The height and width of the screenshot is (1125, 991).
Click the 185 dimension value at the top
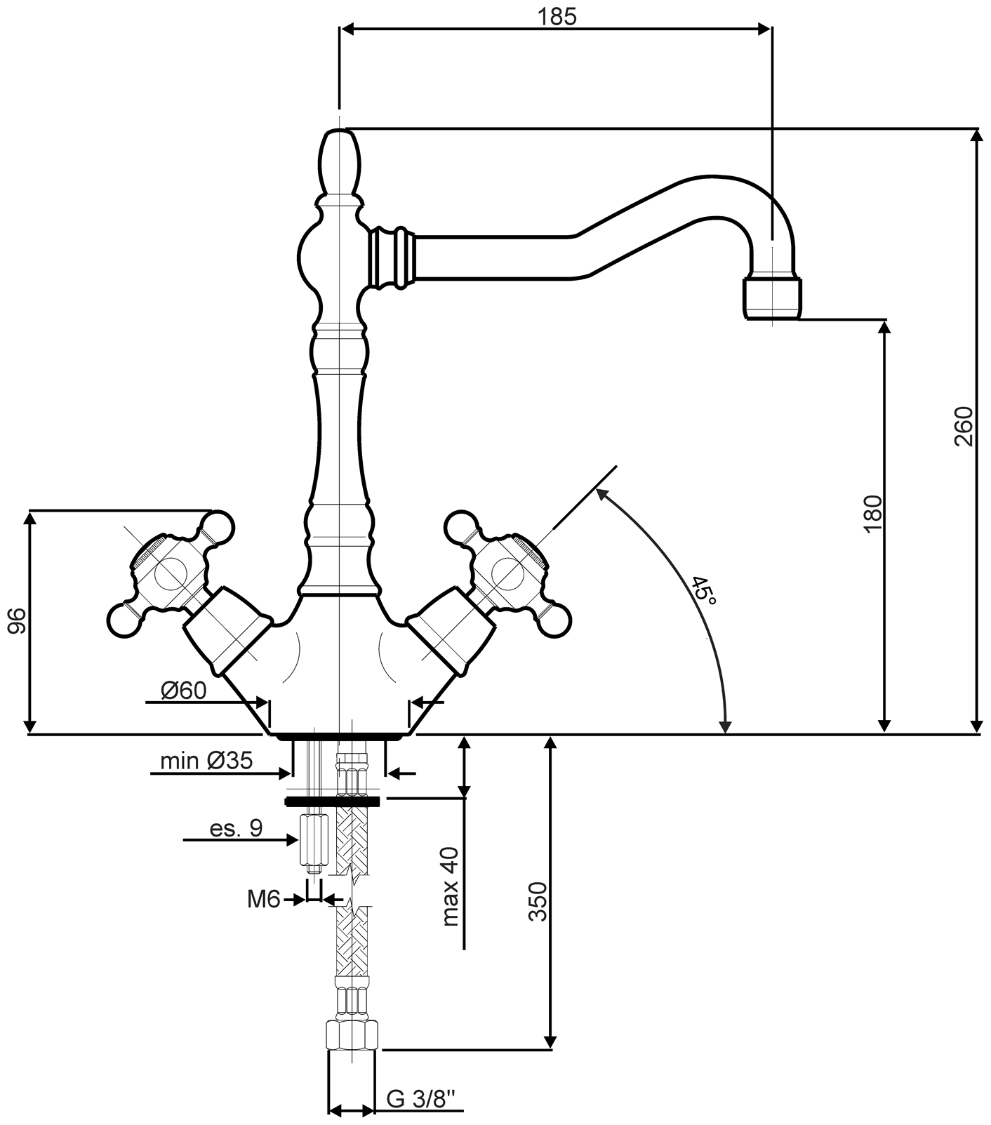pos(557,16)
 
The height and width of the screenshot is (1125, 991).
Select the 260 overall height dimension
pos(964,426)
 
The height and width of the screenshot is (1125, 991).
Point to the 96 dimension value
pos(17,621)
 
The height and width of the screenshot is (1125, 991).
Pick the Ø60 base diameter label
pos(183,691)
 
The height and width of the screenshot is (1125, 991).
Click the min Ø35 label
pos(206,761)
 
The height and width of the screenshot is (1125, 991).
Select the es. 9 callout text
pos(236,828)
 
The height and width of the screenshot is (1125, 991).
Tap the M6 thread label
pos(264,899)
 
